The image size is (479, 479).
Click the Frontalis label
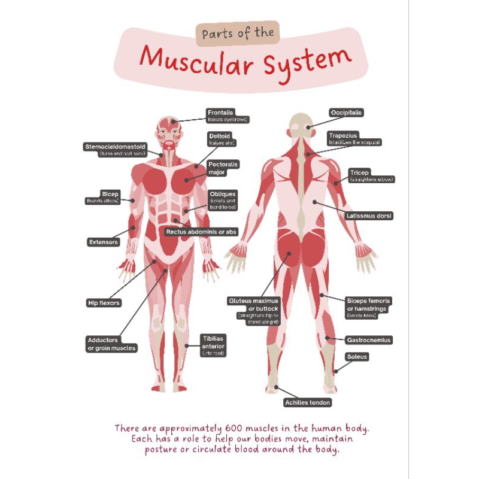pyautogui.click(x=220, y=113)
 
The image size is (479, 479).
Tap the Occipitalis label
pyautogui.click(x=347, y=113)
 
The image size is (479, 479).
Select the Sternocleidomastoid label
pyautogui.click(x=115, y=145)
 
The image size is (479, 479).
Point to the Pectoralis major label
pyautogui.click(x=223, y=168)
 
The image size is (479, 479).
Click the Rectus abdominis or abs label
pyautogui.click(x=201, y=231)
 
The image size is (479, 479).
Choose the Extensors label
pyautogui.click(x=103, y=242)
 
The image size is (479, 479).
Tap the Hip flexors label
pyautogui.click(x=104, y=303)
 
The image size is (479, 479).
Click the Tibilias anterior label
pyautogui.click(x=213, y=341)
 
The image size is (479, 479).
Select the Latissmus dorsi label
pyautogui.click(x=369, y=216)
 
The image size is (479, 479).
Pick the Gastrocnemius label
pyautogui.click(x=369, y=340)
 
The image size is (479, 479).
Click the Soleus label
pyautogui.click(x=357, y=357)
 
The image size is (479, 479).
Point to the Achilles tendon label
pyautogui.click(x=307, y=403)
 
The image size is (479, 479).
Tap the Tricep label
pyautogui.click(x=360, y=172)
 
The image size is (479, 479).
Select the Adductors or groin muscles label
pyautogui.click(x=112, y=344)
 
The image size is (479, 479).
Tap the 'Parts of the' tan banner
pyautogui.click(x=238, y=33)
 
